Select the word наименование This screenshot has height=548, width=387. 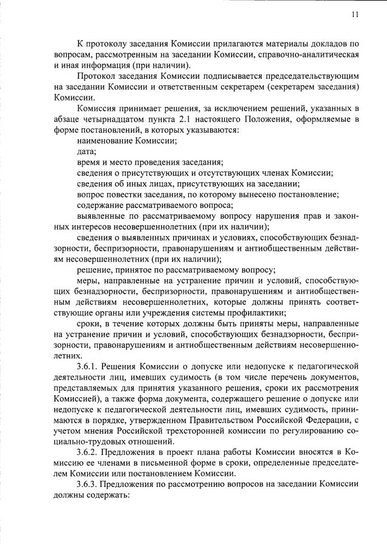coord(104,140)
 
